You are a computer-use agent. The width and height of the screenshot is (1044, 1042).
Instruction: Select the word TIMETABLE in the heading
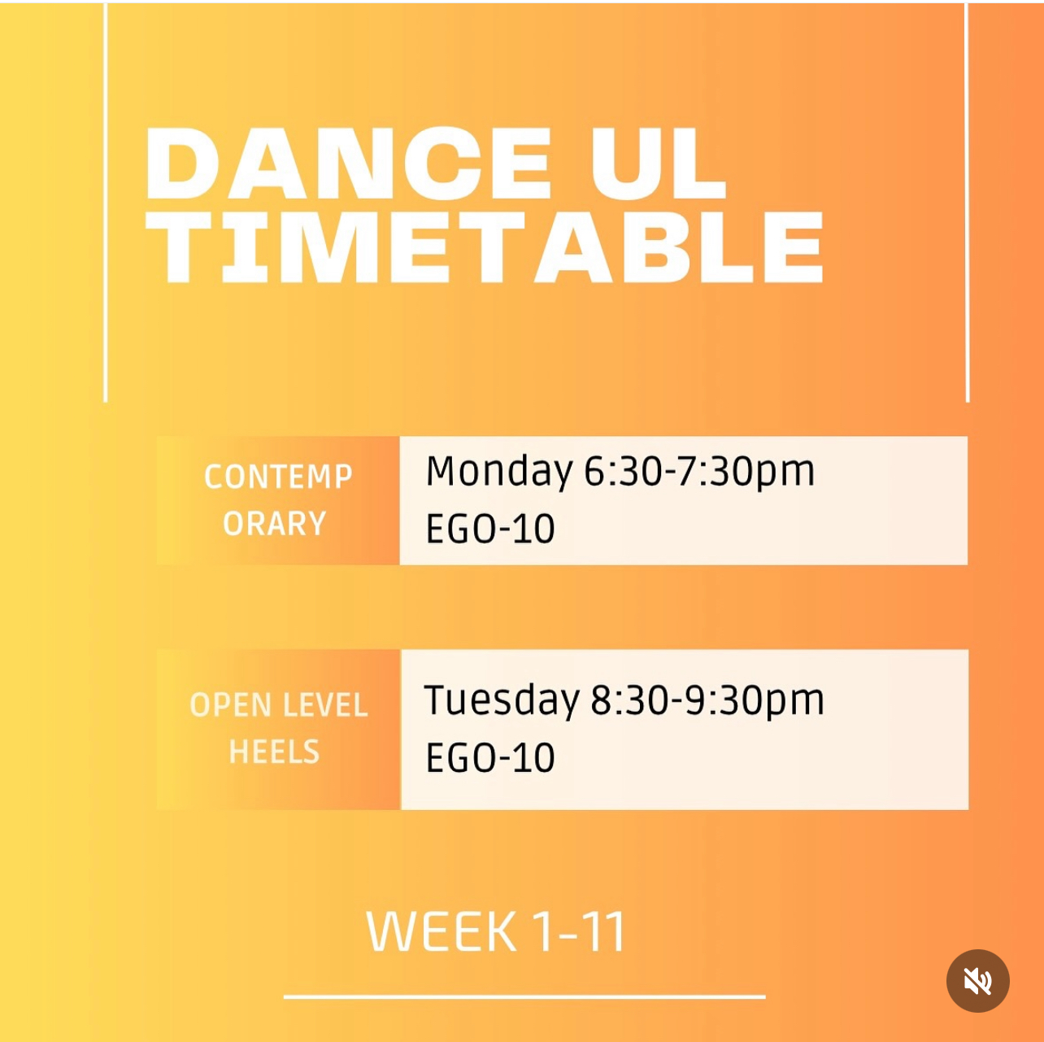point(485,247)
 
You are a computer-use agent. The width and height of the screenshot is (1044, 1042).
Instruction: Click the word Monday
point(499,473)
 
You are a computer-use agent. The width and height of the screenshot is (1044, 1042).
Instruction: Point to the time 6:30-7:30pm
point(699,473)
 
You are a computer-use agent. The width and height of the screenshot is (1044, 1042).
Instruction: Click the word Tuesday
point(502,701)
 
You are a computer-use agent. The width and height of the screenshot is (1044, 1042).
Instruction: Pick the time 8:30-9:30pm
point(707,701)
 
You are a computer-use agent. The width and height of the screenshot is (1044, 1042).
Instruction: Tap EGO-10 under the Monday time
point(490,528)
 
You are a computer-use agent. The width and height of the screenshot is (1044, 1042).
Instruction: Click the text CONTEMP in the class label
point(278,477)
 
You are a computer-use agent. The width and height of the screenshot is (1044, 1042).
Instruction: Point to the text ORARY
point(275,524)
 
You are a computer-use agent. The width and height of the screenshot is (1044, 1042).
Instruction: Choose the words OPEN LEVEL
point(278,705)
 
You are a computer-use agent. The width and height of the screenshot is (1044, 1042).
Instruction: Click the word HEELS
point(275,752)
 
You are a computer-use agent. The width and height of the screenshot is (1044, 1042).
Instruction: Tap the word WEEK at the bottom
point(442,931)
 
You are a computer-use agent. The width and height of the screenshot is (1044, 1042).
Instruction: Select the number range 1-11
point(579,931)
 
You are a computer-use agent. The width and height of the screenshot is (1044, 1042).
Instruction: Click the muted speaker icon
point(978,981)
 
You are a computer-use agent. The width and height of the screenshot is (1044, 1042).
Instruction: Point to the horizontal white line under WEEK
point(524,996)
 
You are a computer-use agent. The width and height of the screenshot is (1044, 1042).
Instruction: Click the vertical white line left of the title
point(106,203)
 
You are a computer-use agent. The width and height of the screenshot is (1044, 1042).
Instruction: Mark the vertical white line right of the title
point(967,203)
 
